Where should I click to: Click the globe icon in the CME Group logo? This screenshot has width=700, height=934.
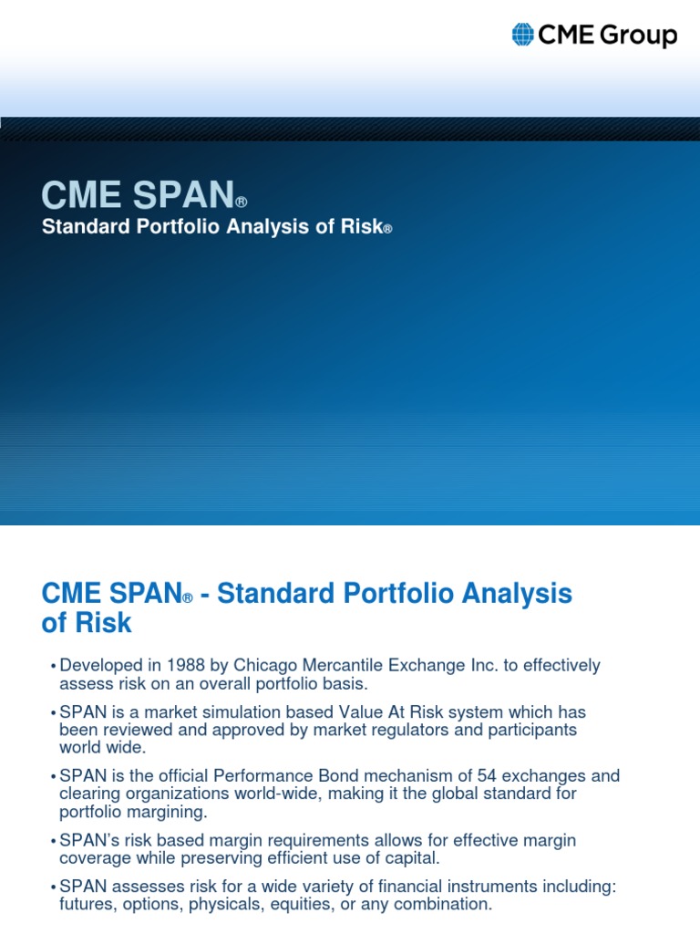522,36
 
